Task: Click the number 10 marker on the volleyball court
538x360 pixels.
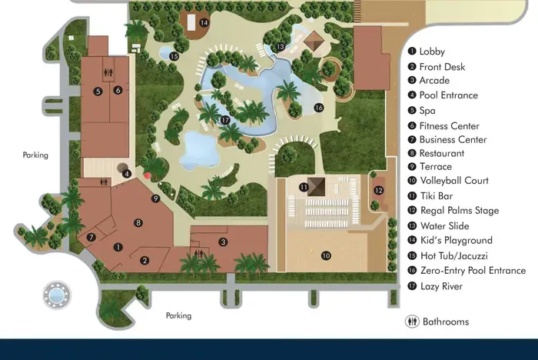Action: (325, 255)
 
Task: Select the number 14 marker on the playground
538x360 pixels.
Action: (204, 22)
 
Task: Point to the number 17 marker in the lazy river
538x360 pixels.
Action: (225, 120)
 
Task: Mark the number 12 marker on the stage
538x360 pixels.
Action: (378, 190)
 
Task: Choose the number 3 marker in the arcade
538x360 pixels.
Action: (222, 242)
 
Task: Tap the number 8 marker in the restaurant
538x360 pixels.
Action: (138, 223)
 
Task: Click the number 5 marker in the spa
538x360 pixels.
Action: (98, 91)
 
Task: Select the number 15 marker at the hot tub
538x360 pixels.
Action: (174, 56)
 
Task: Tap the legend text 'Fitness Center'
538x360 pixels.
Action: (449, 125)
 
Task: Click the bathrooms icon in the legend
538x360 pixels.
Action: (411, 322)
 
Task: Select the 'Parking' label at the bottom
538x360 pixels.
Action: (178, 315)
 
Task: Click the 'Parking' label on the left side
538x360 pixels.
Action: (35, 155)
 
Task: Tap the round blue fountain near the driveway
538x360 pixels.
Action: (56, 293)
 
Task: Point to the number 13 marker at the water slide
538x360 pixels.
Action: (282, 48)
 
